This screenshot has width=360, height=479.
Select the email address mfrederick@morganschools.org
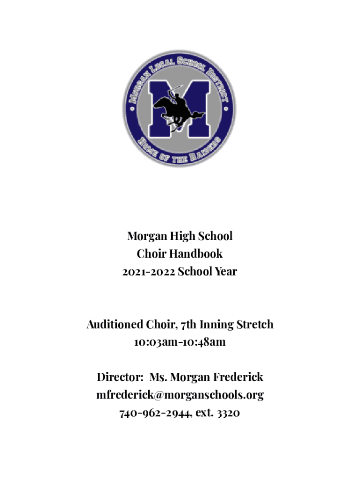click(180, 395)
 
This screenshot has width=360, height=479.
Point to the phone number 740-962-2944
click(155, 413)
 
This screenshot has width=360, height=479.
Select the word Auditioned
click(115, 324)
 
